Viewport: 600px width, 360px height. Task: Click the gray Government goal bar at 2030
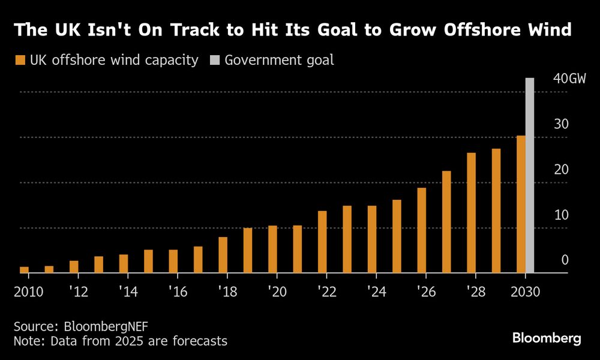pyautogui.click(x=530, y=175)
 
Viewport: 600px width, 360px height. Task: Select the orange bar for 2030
pyautogui.click(x=521, y=204)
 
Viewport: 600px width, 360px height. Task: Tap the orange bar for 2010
pyautogui.click(x=24, y=270)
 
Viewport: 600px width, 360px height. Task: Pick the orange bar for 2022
pyautogui.click(x=322, y=242)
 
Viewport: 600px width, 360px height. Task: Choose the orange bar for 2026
pyautogui.click(x=422, y=230)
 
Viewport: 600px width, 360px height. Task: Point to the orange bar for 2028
pyautogui.click(x=472, y=213)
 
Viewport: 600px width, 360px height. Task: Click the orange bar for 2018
pyautogui.click(x=223, y=255)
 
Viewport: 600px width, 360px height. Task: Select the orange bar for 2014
pyautogui.click(x=124, y=264)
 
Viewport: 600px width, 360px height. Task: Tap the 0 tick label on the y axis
pyautogui.click(x=565, y=260)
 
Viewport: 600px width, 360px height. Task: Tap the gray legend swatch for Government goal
pyautogui.click(x=214, y=60)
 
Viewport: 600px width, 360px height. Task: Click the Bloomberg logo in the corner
pyautogui.click(x=547, y=338)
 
